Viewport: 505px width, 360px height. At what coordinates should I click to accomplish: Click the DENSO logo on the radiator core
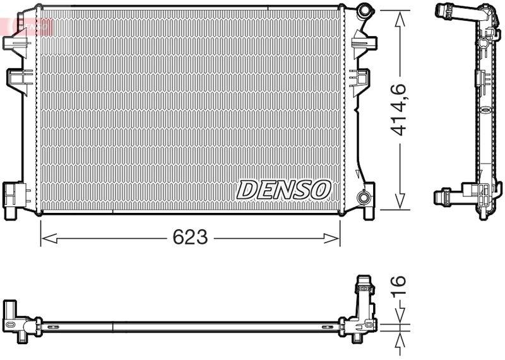click(x=283, y=189)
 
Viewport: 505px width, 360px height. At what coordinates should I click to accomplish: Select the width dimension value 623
click(x=190, y=237)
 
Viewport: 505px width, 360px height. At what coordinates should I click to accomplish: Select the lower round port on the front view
click(x=364, y=197)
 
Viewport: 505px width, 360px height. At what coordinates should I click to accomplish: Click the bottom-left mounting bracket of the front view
click(x=13, y=198)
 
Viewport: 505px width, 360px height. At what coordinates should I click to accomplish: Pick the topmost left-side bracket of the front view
click(x=14, y=41)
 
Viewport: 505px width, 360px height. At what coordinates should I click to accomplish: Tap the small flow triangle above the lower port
click(x=359, y=175)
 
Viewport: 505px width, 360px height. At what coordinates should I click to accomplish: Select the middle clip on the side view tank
click(x=480, y=78)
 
